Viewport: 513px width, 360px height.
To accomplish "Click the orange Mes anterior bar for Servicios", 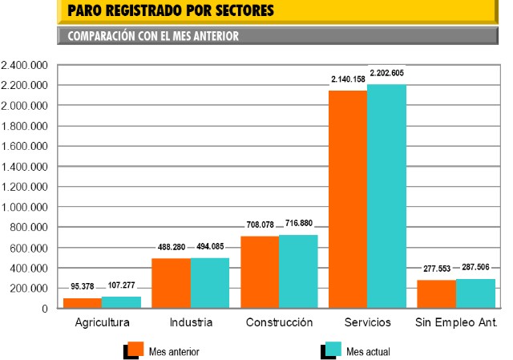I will tap(348, 199).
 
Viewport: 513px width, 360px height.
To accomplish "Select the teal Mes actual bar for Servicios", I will tap(386, 196).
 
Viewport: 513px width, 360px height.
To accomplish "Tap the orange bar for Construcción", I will tap(260, 272).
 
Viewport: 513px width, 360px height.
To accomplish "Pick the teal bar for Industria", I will tap(210, 283).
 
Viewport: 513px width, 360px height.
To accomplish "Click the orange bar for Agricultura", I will tap(83, 303).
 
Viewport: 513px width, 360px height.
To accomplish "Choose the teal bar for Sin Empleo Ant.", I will tap(475, 293).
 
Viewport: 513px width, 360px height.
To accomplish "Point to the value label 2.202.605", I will tap(386, 73).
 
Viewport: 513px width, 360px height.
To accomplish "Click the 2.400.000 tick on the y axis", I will tap(26, 65).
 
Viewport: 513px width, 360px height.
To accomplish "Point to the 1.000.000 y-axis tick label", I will tap(26, 207).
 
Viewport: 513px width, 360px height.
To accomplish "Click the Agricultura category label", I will tap(102, 324).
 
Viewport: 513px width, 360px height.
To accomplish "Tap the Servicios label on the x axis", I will tap(367, 324).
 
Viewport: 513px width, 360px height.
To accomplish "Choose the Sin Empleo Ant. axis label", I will tap(456, 324).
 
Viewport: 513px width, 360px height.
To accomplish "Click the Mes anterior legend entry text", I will tap(174, 351).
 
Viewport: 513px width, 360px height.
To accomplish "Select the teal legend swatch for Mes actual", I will tap(334, 349).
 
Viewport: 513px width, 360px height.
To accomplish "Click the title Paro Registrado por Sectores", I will tap(171, 11).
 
